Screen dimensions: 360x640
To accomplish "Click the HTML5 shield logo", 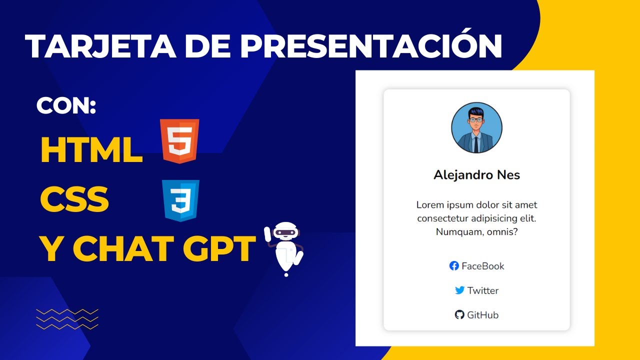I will (x=180, y=141).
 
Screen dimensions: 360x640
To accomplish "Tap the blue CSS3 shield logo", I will (x=180, y=200).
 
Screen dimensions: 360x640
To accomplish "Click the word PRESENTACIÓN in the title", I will (x=371, y=46).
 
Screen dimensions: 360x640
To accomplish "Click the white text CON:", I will (x=66, y=106).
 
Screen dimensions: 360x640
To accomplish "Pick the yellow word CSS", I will (x=74, y=199).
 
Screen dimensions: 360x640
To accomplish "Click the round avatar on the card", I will (x=476, y=128).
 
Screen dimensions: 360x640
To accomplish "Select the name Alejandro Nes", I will (x=476, y=175).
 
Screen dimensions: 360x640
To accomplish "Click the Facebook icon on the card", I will (x=454, y=266).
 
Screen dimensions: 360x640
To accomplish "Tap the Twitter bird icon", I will (x=459, y=290).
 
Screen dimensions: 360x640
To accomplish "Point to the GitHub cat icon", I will (x=459, y=314).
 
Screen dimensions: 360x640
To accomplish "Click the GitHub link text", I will (x=482, y=315).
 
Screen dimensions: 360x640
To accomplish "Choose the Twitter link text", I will (x=483, y=290).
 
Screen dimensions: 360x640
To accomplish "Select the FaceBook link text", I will (x=483, y=266).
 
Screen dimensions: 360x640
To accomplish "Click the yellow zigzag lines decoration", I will (x=67, y=319).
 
